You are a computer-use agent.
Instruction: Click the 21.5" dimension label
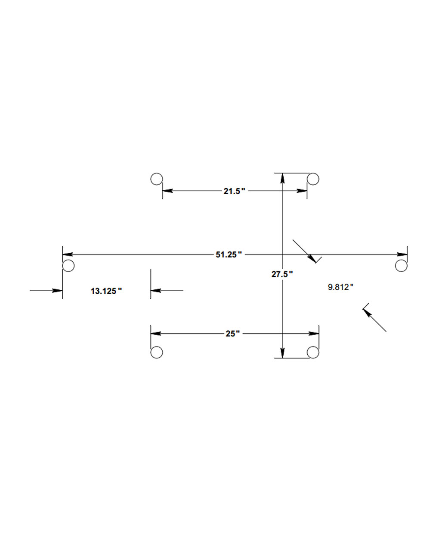pyautogui.click(x=234, y=191)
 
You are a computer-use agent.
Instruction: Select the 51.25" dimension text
pyautogui.click(x=229, y=255)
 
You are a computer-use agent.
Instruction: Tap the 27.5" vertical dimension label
pyautogui.click(x=282, y=274)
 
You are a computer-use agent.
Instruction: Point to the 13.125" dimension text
pyautogui.click(x=106, y=291)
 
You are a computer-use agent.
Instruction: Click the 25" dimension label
pyautogui.click(x=232, y=334)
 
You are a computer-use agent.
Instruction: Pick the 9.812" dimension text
pyautogui.click(x=340, y=287)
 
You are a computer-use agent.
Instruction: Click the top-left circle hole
pyautogui.click(x=157, y=179)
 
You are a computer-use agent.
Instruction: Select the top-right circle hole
pyautogui.click(x=313, y=179)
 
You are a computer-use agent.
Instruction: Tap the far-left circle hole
pyautogui.click(x=68, y=266)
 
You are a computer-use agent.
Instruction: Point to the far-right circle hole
pyautogui.click(x=401, y=266)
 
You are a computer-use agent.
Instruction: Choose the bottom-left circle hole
pyautogui.click(x=157, y=352)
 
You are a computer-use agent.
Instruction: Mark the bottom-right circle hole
pyautogui.click(x=313, y=352)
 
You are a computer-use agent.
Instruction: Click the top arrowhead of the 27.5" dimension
pyautogui.click(x=282, y=178)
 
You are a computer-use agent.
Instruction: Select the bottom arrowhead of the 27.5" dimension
pyautogui.click(x=282, y=353)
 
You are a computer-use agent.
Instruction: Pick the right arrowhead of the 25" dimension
pyautogui.click(x=314, y=333)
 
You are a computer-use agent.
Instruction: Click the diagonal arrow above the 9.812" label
pyautogui.click(x=305, y=251)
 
